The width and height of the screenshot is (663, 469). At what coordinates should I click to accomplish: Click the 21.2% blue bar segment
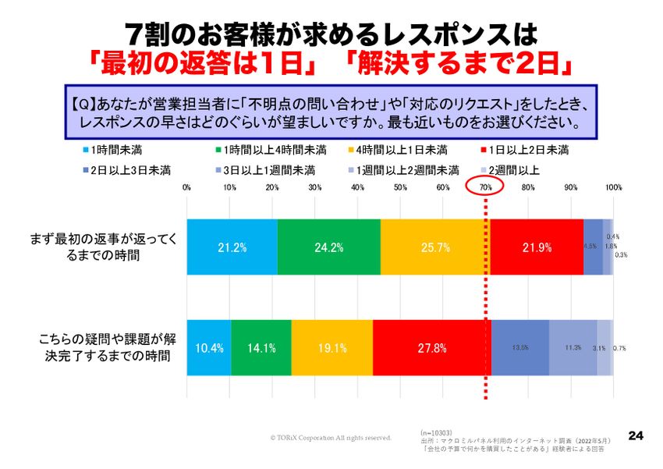pyautogui.click(x=232, y=247)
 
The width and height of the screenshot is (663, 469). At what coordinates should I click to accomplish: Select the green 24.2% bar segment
pyautogui.click(x=328, y=247)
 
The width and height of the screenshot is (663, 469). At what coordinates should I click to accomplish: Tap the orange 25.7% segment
pyautogui.click(x=434, y=247)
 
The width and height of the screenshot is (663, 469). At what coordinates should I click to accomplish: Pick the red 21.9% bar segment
pyautogui.click(x=537, y=247)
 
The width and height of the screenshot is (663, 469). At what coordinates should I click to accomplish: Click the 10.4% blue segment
pyautogui.click(x=209, y=348)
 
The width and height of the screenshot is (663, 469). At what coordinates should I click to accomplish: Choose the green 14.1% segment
pyautogui.click(x=261, y=348)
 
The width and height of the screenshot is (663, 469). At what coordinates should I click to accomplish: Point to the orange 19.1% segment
pyautogui.click(x=331, y=348)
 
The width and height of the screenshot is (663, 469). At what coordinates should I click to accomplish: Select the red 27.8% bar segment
pyautogui.click(x=431, y=348)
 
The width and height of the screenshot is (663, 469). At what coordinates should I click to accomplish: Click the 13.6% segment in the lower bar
pyautogui.click(x=519, y=348)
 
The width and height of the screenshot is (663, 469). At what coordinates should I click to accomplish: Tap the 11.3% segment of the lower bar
pyautogui.click(x=573, y=348)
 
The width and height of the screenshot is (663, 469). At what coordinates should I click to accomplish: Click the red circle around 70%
pyautogui.click(x=485, y=187)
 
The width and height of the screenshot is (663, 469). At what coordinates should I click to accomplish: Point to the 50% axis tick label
pyautogui.click(x=400, y=187)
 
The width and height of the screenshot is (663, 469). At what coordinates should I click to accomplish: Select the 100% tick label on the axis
pyautogui.click(x=613, y=187)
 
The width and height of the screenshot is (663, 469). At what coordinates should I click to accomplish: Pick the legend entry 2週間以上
pyautogui.click(x=511, y=169)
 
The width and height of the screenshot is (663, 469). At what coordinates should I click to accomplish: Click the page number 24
pyautogui.click(x=635, y=435)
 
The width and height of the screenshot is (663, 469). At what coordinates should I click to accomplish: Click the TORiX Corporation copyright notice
pyautogui.click(x=331, y=438)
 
